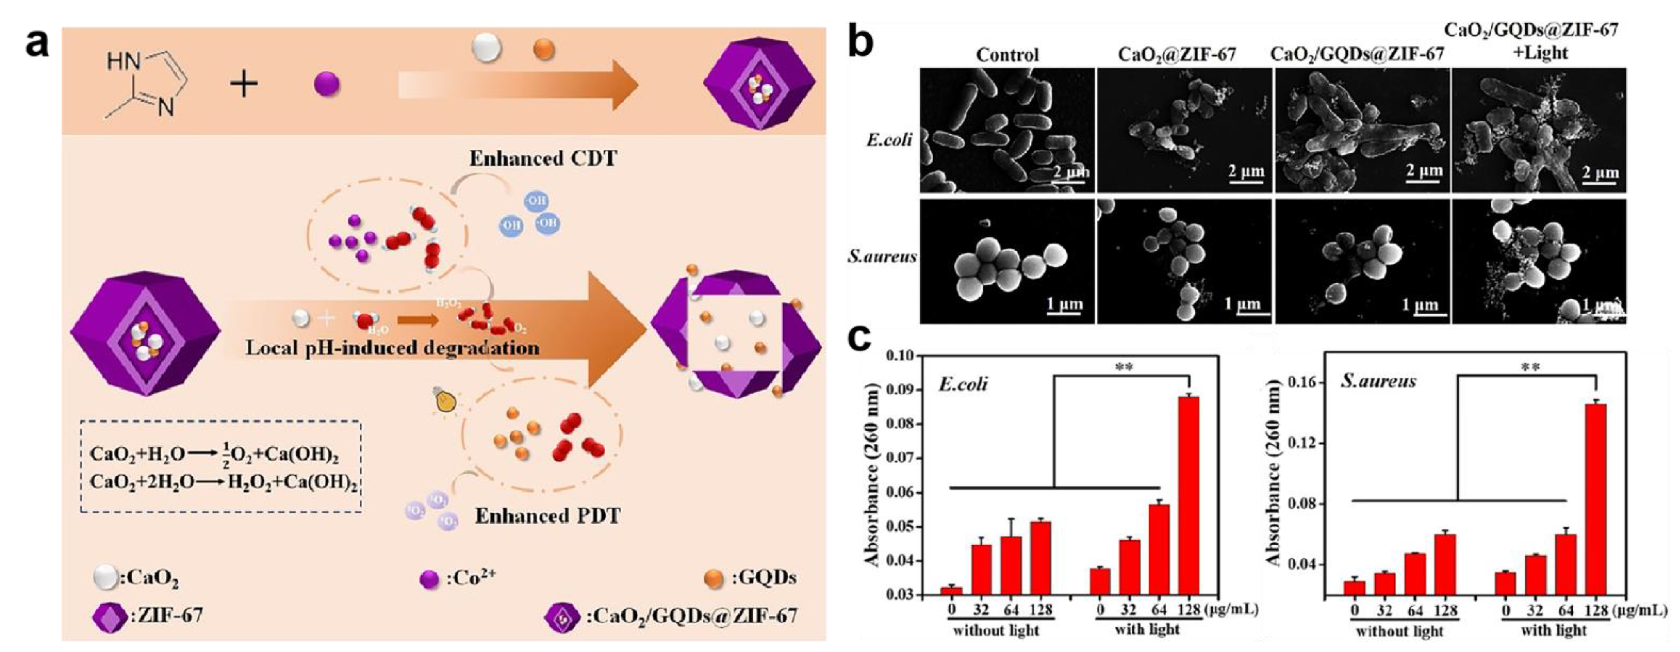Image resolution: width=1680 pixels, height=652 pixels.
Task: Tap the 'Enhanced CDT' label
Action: (542, 159)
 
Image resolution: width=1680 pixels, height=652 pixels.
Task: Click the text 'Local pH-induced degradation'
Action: (392, 347)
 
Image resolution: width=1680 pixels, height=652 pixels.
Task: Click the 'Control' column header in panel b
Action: (1007, 54)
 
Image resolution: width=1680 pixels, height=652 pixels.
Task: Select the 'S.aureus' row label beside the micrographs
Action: (882, 256)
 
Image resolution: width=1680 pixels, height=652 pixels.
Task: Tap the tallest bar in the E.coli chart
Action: (1189, 495)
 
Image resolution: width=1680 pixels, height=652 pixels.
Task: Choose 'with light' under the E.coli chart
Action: (1147, 630)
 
